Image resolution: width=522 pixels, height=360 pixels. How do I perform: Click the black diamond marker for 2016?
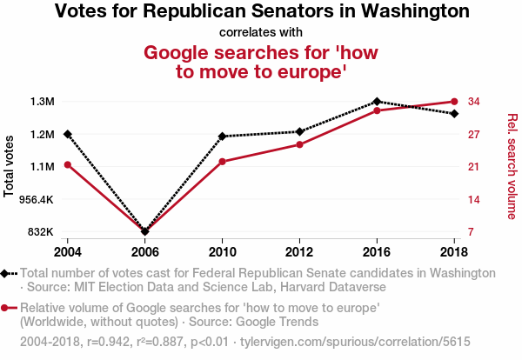(x=377, y=102)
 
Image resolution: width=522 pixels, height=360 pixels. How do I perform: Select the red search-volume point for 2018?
(x=454, y=102)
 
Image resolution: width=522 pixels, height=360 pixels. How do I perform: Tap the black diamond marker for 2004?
(x=68, y=134)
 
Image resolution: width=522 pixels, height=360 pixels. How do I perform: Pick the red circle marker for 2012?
(x=299, y=144)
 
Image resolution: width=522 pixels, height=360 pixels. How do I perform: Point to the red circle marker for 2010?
(x=223, y=162)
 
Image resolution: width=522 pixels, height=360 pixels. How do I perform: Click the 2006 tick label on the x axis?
(x=145, y=250)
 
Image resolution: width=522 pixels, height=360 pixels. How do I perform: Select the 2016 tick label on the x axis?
(x=377, y=250)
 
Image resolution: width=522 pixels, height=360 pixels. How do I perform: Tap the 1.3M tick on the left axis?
(x=42, y=102)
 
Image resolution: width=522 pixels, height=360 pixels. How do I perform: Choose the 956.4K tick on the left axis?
(x=37, y=199)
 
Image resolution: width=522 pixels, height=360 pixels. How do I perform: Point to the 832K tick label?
(x=41, y=232)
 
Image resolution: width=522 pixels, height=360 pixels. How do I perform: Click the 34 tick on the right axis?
(x=474, y=102)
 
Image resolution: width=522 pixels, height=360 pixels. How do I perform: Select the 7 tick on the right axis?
(x=472, y=232)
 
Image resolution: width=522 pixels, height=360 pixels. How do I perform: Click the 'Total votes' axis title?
(x=10, y=166)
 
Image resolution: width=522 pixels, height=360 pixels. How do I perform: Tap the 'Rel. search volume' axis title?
(x=512, y=166)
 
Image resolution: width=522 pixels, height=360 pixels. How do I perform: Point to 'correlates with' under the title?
(x=261, y=33)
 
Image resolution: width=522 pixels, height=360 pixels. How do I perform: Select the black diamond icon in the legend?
(x=6, y=273)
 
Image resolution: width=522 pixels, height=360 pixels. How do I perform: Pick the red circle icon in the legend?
(x=6, y=308)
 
